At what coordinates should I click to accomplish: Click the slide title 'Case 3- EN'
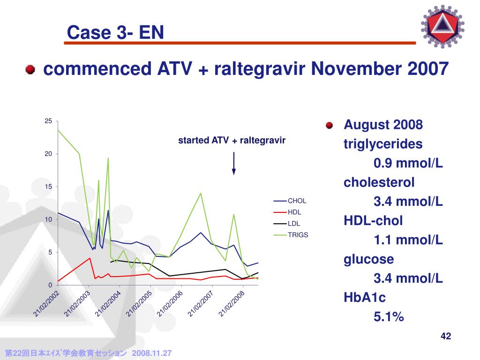(115, 32)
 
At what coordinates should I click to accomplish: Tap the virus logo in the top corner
(442, 26)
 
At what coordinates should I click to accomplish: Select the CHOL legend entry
(290, 201)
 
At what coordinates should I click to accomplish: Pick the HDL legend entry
(287, 212)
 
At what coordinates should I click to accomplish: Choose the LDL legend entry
(287, 224)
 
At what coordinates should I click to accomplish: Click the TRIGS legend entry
(291, 235)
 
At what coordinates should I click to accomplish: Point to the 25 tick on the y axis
(48, 121)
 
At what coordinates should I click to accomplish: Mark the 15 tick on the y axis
(48, 187)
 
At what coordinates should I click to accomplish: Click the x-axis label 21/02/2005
(139, 304)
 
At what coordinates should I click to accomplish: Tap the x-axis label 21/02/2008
(232, 304)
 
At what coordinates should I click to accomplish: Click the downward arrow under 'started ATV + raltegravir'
(233, 164)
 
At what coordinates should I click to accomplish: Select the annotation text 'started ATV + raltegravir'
(232, 140)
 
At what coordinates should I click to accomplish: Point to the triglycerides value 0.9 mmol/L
(408, 163)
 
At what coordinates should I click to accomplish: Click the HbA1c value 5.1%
(389, 316)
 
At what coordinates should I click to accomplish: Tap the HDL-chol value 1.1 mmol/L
(408, 240)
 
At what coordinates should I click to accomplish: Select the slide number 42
(446, 336)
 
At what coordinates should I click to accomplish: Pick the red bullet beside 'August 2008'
(330, 125)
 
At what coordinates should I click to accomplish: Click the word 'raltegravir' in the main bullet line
(260, 68)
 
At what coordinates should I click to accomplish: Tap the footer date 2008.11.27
(151, 353)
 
